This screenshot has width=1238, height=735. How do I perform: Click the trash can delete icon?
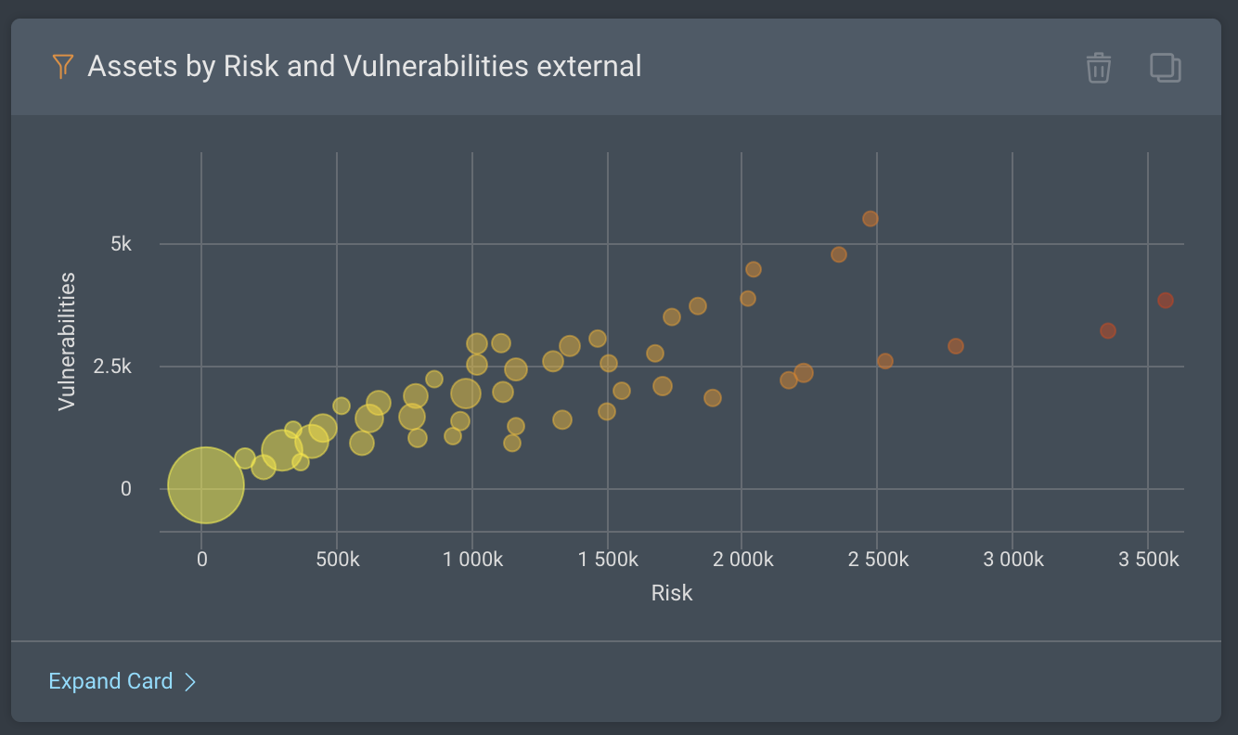[x=1099, y=68]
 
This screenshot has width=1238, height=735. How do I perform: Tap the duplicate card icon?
[x=1166, y=68]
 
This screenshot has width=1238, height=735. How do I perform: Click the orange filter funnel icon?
[x=62, y=66]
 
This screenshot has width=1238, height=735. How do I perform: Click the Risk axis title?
[x=671, y=593]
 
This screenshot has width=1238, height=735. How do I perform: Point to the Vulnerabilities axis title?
[x=66, y=341]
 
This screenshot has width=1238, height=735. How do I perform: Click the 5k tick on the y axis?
[x=121, y=244]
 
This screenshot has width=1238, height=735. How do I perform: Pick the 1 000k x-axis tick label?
[x=472, y=560]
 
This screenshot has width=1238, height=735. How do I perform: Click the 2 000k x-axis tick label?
[x=742, y=560]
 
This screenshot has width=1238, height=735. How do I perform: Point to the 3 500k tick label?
[x=1148, y=560]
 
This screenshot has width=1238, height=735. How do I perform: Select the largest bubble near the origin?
[x=206, y=484]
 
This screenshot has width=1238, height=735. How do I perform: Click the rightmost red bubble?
[x=1166, y=301]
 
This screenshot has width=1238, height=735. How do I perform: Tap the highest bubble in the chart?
[x=870, y=219]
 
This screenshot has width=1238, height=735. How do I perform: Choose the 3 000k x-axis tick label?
[x=1012, y=560]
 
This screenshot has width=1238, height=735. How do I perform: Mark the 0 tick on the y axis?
[x=126, y=489]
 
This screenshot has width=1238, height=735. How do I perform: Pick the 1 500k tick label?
[x=607, y=560]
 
